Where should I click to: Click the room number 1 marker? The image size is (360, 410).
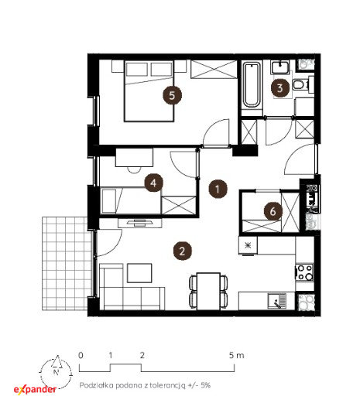[218, 189]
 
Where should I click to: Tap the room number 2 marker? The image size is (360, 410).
[183, 251]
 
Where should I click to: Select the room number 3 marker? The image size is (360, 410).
[280, 88]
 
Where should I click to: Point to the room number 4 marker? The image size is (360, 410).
[153, 183]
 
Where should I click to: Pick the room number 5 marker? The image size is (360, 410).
[172, 95]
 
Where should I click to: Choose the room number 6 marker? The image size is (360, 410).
[273, 211]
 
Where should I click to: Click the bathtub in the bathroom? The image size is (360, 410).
[251, 85]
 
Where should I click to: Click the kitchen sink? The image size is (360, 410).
[277, 301]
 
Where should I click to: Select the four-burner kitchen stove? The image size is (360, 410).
[304, 272]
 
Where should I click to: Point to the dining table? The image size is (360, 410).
[208, 291]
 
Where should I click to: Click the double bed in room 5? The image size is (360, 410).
[149, 91]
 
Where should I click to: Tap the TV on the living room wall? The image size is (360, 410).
[139, 223]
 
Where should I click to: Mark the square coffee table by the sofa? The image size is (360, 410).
[139, 273]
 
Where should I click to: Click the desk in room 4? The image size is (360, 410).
[134, 157]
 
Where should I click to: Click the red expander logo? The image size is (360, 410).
[35, 390]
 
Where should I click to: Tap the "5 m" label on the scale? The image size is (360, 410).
[236, 355]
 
